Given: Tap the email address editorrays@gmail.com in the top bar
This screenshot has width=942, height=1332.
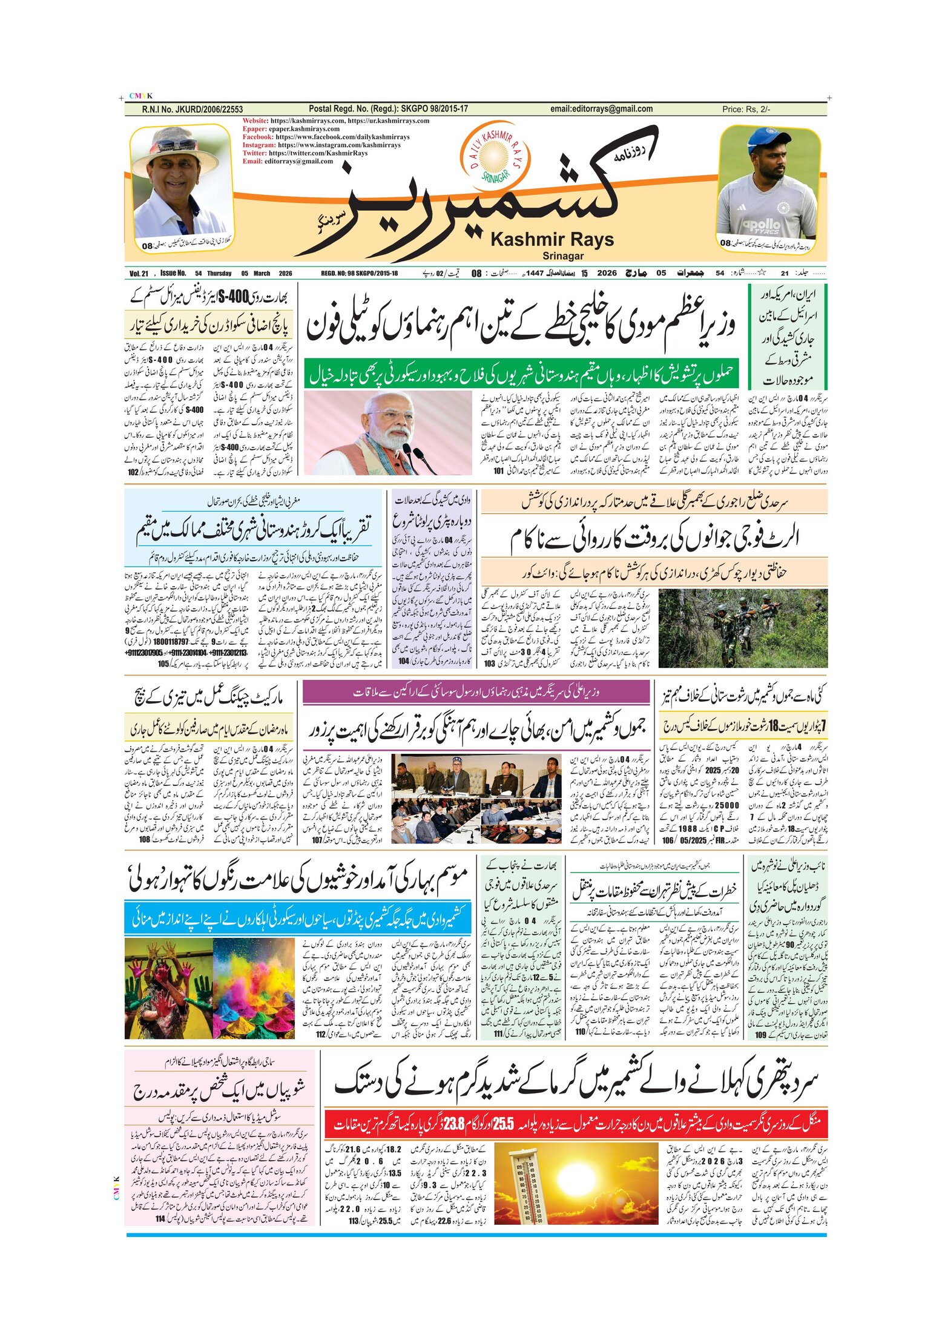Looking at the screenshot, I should pyautogui.click(x=601, y=109).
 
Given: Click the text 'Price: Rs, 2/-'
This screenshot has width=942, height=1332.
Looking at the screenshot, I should pyautogui.click(x=746, y=110).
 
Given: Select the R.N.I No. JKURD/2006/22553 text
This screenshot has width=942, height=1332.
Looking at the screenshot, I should pyautogui.click(x=192, y=110).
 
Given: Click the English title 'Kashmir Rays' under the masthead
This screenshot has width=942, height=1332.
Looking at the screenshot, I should pyautogui.click(x=552, y=240).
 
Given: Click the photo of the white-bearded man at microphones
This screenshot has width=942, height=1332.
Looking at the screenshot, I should pyautogui.click(x=387, y=432).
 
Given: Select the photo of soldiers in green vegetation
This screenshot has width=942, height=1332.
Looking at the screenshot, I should pyautogui.click(x=742, y=628).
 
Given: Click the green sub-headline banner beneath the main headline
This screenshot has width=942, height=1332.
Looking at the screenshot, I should pyautogui.click(x=521, y=374).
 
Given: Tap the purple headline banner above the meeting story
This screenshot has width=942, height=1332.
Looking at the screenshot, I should pyautogui.click(x=475, y=692).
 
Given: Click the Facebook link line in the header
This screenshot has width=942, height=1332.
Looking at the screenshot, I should pyautogui.click(x=326, y=137).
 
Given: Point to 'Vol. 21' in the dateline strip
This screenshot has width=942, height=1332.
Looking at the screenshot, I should pyautogui.click(x=139, y=274).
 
